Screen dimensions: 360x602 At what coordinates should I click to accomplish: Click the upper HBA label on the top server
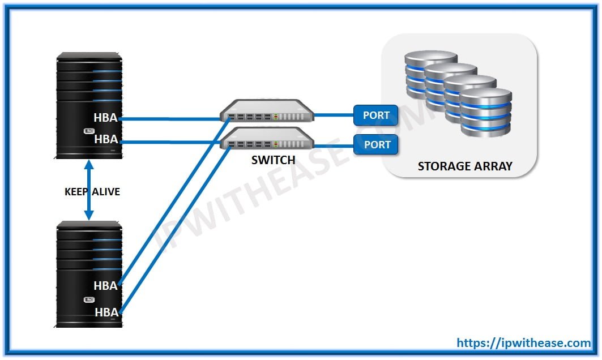[106, 118]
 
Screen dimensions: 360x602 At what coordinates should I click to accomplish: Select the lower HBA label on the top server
[106, 139]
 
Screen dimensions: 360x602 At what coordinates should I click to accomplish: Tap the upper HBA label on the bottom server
[106, 286]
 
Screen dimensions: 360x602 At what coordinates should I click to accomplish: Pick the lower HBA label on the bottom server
[106, 312]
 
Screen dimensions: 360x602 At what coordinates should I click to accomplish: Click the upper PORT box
[376, 115]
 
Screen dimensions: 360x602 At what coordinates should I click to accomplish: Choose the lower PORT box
[376, 144]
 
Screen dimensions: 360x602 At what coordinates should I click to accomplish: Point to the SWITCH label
[274, 160]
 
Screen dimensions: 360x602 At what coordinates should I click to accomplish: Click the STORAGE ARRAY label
[464, 166]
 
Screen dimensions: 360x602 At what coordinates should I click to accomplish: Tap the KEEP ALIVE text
[92, 192]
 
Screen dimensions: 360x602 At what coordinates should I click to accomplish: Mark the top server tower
[89, 106]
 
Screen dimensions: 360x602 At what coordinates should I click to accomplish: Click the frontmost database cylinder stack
[485, 113]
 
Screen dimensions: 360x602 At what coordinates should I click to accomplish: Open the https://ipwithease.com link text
[524, 342]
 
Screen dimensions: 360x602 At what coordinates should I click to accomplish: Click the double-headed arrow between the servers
[89, 190]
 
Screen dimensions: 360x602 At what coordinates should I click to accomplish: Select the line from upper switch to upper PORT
[334, 115]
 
